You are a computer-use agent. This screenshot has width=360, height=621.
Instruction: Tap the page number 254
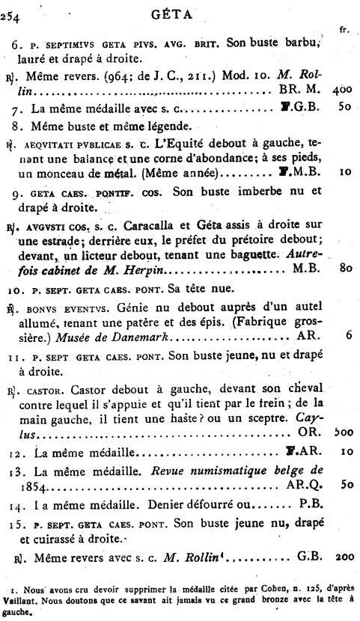click(x=13, y=13)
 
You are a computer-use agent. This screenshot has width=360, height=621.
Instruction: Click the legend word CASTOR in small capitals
click(x=46, y=389)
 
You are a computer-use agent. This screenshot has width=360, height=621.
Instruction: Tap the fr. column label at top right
click(x=344, y=30)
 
